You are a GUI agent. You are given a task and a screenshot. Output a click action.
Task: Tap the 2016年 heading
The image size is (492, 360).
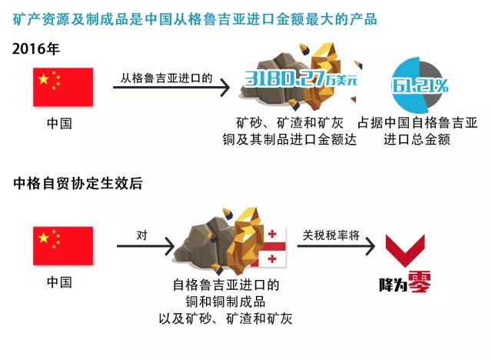[35, 48]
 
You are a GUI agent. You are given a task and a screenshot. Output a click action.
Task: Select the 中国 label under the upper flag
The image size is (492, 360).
[59, 123]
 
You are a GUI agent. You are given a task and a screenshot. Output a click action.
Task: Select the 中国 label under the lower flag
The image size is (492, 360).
[59, 282]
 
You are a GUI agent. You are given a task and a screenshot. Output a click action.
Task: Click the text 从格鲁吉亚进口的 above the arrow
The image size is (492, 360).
[165, 78]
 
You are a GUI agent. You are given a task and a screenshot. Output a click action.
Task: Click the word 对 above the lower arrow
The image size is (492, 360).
[141, 234]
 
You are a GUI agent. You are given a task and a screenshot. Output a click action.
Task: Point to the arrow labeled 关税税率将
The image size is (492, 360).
[333, 246]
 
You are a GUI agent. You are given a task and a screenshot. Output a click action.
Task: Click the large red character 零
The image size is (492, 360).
[420, 283]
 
